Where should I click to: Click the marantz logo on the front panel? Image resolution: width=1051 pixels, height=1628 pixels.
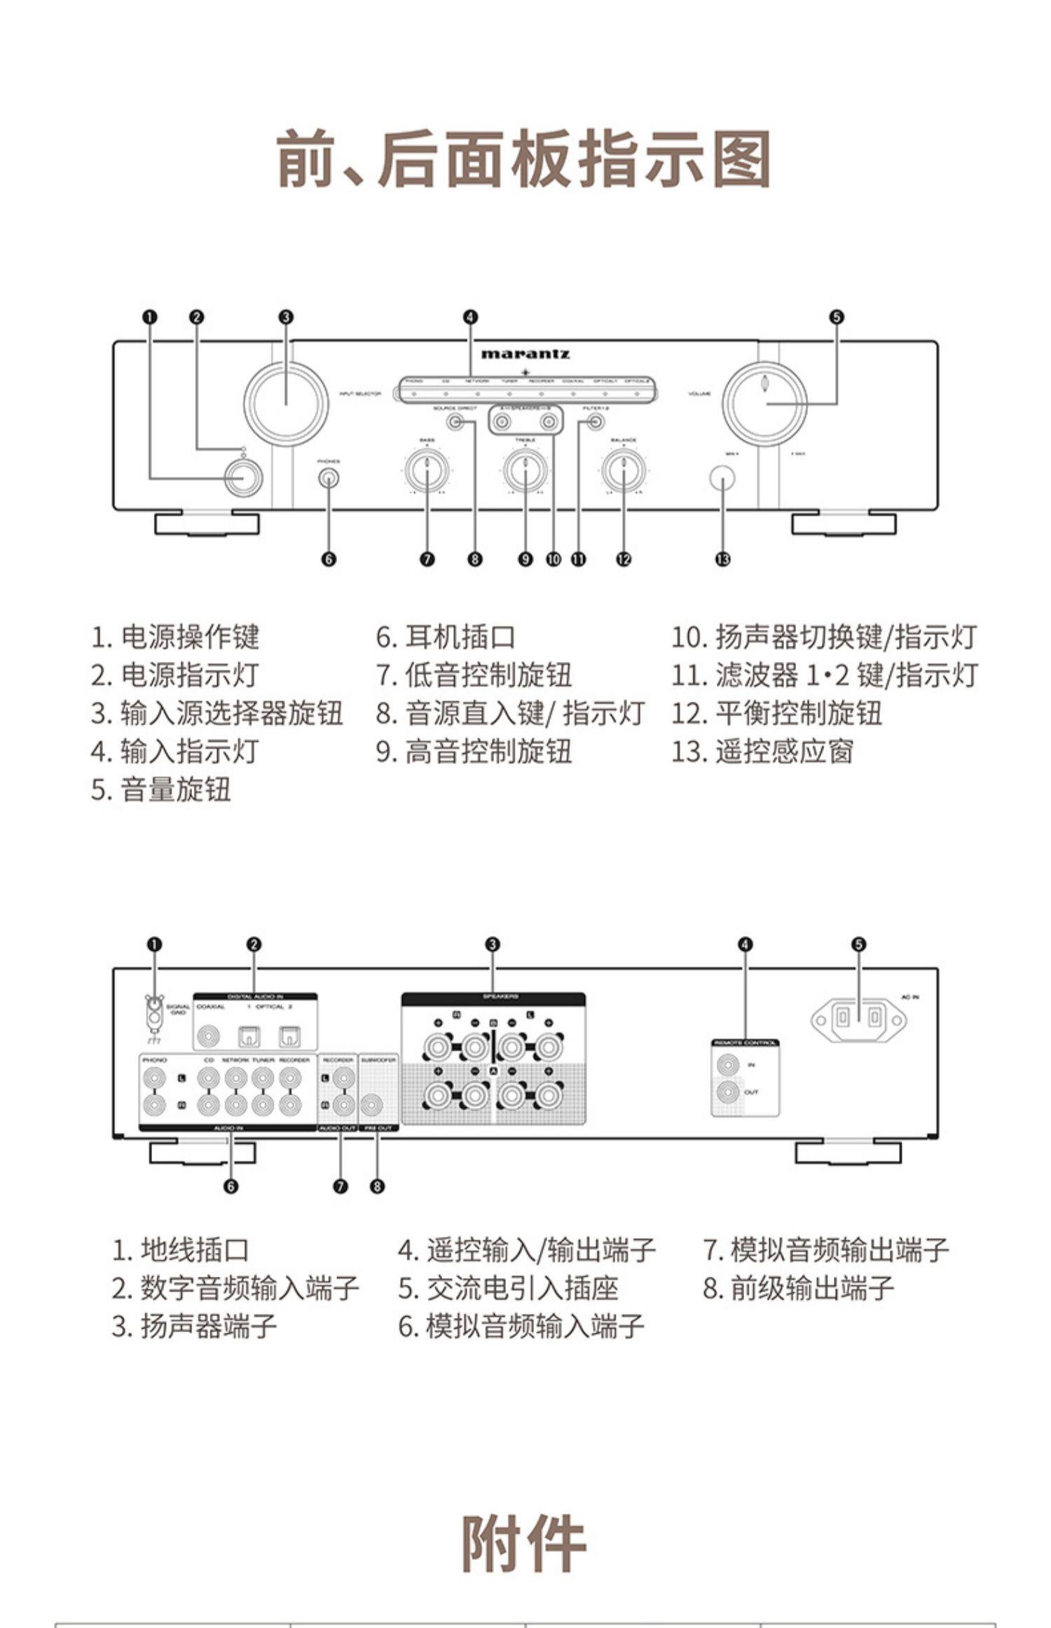click(x=525, y=353)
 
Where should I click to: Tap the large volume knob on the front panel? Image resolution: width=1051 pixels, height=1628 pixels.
click(x=764, y=403)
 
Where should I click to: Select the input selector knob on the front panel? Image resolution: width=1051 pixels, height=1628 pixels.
click(x=286, y=404)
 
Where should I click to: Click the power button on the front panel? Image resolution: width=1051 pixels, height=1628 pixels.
click(x=244, y=477)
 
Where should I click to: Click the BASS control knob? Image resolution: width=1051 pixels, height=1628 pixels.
click(x=426, y=471)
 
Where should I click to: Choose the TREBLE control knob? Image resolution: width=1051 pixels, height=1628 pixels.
click(x=525, y=471)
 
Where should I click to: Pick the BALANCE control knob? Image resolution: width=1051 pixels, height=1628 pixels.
click(x=623, y=471)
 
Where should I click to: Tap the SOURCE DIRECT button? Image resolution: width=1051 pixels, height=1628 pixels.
click(x=456, y=422)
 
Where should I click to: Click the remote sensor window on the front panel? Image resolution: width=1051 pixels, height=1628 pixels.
click(x=722, y=478)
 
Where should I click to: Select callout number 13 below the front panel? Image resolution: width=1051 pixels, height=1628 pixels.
click(x=722, y=559)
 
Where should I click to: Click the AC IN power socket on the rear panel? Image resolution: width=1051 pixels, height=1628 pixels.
click(x=858, y=1018)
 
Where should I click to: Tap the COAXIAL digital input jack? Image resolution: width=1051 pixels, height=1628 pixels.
click(x=209, y=1036)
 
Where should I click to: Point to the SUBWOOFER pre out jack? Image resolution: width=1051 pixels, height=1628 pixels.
click(x=372, y=1106)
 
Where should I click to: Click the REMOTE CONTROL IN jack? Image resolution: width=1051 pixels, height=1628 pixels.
click(x=728, y=1065)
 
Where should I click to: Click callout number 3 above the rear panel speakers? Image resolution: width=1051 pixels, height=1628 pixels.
click(x=493, y=944)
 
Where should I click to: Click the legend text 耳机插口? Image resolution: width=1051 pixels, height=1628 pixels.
click(x=460, y=637)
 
